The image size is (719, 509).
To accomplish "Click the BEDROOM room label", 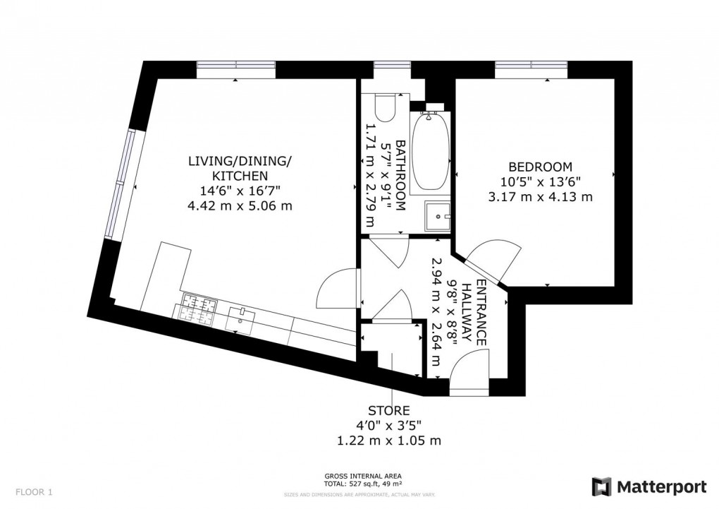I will [540, 167].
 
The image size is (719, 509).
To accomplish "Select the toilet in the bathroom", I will [384, 108].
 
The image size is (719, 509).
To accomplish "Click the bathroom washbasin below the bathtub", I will [438, 215].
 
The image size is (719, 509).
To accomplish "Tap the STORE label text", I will [388, 410].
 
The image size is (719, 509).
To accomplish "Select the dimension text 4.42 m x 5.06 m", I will [239, 207].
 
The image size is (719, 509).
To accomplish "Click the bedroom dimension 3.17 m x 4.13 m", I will [540, 197].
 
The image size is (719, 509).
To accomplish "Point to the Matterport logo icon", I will [601, 486].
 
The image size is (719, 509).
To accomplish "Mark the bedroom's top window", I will [531, 68].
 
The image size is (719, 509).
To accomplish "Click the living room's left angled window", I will [119, 184].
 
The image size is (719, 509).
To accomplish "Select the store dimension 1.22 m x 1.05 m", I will [388, 441].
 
